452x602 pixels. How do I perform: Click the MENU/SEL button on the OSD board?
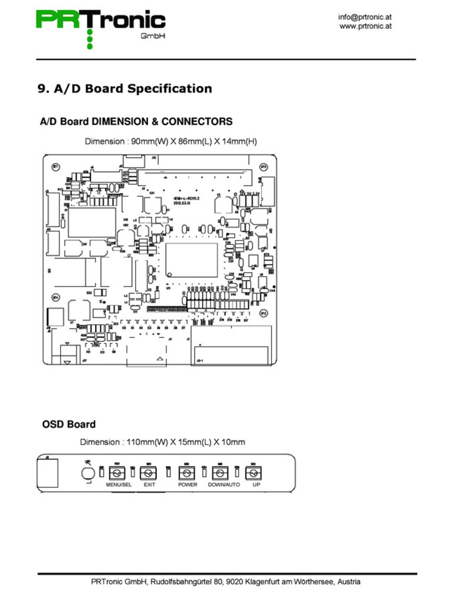[x=117, y=473]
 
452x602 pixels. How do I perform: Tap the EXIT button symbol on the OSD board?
[x=149, y=473]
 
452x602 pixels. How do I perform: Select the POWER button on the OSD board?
[x=187, y=473]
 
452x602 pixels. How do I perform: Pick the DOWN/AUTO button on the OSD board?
[x=220, y=473]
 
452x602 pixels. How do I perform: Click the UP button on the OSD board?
[x=253, y=473]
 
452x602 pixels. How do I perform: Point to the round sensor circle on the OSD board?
[x=88, y=473]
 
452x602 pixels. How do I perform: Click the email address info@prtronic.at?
[x=365, y=17]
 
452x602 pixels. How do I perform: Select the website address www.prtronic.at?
[x=365, y=26]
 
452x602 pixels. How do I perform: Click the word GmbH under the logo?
[x=153, y=36]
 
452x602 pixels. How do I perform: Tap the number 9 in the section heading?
[x=41, y=89]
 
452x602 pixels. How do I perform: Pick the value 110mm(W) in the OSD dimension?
[x=147, y=442]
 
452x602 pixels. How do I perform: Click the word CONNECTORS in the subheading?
[x=197, y=121]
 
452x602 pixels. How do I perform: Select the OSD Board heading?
[x=69, y=424]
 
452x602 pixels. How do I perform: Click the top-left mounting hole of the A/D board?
[x=56, y=167]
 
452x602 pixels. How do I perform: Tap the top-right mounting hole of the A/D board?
[x=263, y=167]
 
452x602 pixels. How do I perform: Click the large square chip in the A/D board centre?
[x=191, y=260]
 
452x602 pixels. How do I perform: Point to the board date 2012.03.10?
[x=182, y=203]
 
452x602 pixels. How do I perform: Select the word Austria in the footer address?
[x=348, y=581]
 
